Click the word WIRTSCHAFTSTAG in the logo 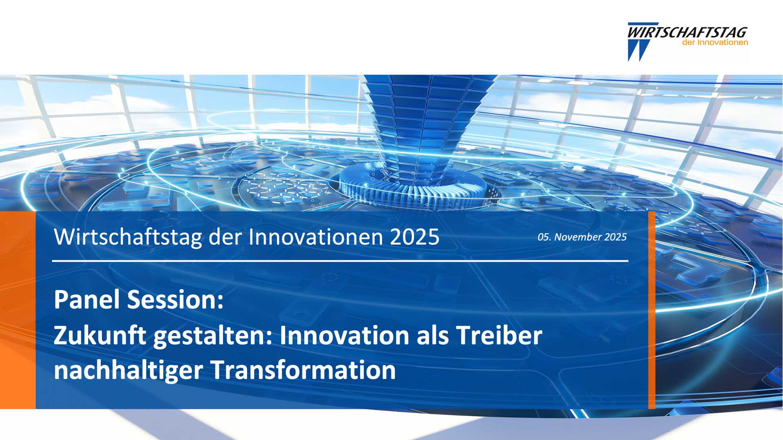coord(687,32)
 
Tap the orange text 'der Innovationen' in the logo coord(715,42)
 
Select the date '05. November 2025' coord(582,237)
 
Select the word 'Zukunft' coord(100,335)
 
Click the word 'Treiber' coord(499,335)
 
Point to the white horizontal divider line coord(340,261)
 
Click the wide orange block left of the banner coord(18,310)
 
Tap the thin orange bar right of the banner coord(652,310)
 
